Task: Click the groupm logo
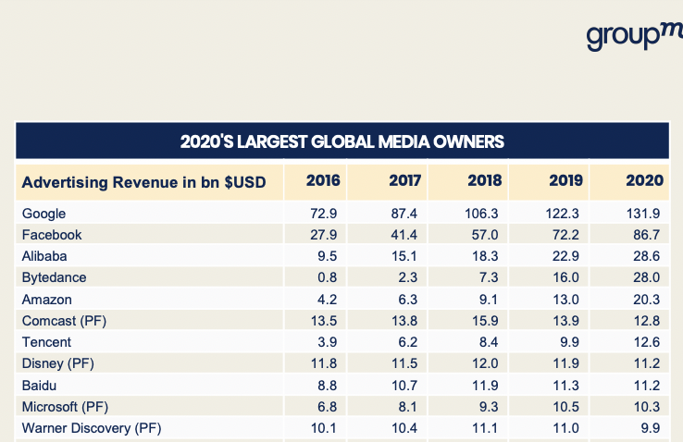(634, 36)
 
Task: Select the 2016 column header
(323, 180)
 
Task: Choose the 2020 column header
(644, 180)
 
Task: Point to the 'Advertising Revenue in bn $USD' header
(143, 181)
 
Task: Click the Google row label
(43, 214)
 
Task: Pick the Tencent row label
(46, 342)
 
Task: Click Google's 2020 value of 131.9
(643, 214)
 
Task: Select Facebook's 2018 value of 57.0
(486, 235)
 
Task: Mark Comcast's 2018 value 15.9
(486, 321)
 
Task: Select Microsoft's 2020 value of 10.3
(647, 407)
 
